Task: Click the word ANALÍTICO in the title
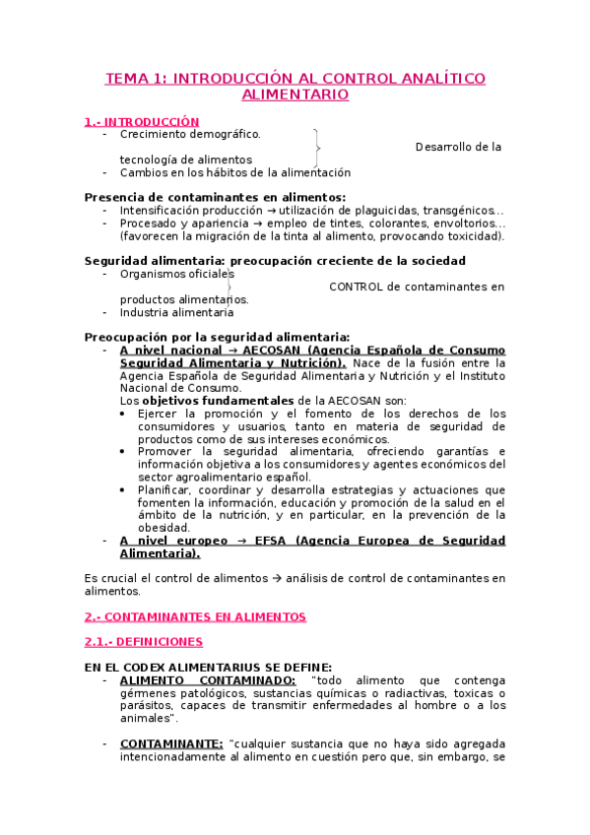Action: point(432,78)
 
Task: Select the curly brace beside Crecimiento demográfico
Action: point(315,147)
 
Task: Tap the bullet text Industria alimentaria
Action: point(176,312)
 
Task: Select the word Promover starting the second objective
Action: point(166,451)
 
